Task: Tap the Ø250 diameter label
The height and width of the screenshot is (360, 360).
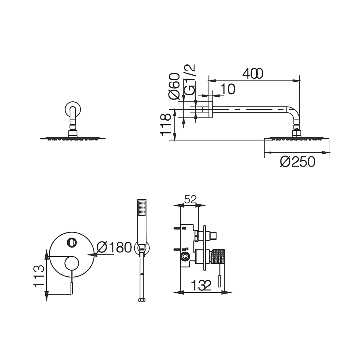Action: pos(298,162)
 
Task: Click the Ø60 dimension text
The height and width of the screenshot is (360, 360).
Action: pos(174,86)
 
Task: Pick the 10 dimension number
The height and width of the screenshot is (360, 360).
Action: pos(227,89)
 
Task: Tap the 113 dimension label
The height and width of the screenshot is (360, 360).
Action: pos(39,277)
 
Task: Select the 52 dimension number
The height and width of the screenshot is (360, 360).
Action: pos(190,200)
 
